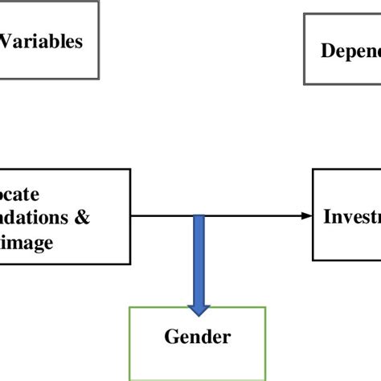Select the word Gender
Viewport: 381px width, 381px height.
coord(198,337)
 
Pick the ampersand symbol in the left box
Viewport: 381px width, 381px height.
coord(82,217)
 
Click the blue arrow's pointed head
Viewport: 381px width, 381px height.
coord(199,309)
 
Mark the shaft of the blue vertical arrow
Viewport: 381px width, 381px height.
coord(199,257)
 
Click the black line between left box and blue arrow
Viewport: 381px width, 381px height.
coord(161,215)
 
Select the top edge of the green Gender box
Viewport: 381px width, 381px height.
coord(198,307)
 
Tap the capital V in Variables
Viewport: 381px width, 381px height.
coord(9,41)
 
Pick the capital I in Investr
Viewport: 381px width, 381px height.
coord(326,216)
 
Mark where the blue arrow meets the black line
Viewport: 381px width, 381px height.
coord(199,216)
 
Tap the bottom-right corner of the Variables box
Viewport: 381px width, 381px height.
coord(99,78)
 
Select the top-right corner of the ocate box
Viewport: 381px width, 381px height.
coord(130,170)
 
